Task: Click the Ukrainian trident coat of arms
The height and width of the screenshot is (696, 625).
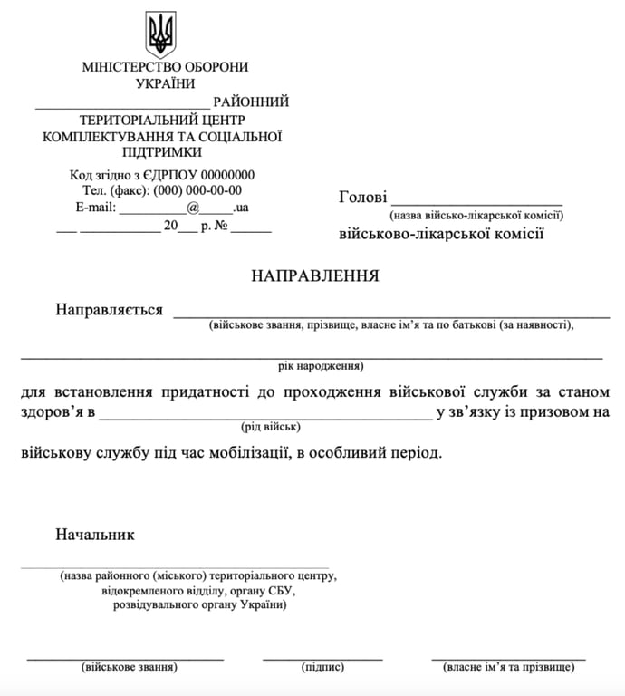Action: (161, 34)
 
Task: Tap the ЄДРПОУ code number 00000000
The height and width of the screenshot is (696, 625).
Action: (227, 175)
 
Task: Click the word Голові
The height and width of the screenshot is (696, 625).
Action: (362, 198)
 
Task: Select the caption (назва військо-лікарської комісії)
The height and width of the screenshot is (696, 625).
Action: (476, 216)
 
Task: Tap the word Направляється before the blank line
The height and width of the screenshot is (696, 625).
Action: (109, 310)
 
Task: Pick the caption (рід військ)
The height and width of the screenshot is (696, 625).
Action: (270, 426)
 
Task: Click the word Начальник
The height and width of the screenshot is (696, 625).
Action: (95, 535)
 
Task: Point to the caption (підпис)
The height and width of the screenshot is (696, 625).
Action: (322, 668)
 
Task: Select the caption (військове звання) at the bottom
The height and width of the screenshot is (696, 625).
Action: (129, 668)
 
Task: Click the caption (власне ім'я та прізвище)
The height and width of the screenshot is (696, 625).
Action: (508, 668)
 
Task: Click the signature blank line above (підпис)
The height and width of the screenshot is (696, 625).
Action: (322, 657)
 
